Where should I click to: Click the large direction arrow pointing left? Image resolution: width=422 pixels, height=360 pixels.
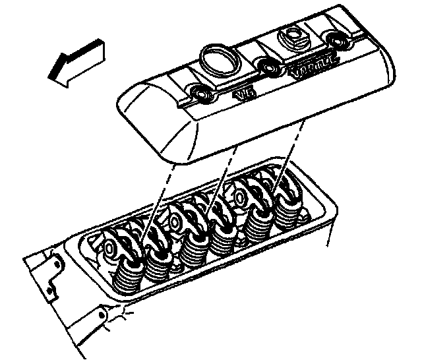[x=73, y=61]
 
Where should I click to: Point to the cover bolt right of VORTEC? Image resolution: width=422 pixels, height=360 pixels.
[x=340, y=42]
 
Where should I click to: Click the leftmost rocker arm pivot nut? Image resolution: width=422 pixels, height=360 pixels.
[x=108, y=249]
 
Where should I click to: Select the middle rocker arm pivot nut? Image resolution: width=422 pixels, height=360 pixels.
[x=174, y=221]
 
